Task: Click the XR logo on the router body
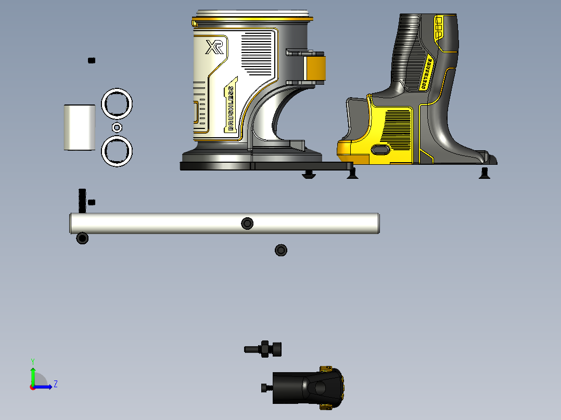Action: tap(214, 48)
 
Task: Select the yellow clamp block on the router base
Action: tap(314, 68)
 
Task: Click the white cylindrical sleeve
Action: tap(80, 127)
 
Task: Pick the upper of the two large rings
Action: tap(117, 104)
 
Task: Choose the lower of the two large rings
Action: tap(117, 151)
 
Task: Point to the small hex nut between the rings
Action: tap(117, 127)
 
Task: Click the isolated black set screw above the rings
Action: tap(92, 60)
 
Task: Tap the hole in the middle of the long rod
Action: tap(247, 224)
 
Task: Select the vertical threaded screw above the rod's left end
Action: tap(82, 200)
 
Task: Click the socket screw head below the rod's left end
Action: tap(82, 238)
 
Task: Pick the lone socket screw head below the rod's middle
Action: tap(281, 250)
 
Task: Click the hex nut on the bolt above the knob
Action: tap(265, 349)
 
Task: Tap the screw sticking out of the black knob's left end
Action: tap(266, 388)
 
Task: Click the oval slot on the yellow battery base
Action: tap(381, 150)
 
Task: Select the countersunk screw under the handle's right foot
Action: tap(484, 172)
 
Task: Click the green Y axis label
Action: tap(32, 361)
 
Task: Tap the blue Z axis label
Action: tap(55, 384)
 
